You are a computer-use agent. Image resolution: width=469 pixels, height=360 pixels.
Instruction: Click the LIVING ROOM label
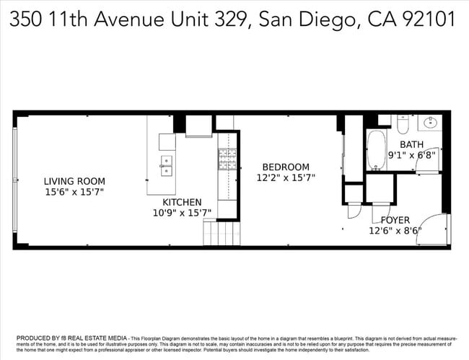[74, 181]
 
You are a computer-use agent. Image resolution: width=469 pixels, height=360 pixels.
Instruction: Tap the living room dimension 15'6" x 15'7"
[74, 192]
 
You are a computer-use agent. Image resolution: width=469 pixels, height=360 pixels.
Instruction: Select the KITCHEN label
[182, 202]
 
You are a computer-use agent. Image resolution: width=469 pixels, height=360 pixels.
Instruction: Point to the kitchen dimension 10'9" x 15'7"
[182, 213]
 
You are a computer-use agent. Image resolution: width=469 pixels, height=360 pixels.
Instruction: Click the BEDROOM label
[286, 167]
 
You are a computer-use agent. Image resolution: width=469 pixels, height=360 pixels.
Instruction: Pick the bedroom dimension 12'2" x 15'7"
[286, 177]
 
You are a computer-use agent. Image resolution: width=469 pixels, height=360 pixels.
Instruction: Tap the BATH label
[411, 144]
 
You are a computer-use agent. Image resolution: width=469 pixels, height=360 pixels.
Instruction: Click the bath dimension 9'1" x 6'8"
[411, 154]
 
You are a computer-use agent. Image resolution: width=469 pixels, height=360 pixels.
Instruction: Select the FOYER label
[395, 220]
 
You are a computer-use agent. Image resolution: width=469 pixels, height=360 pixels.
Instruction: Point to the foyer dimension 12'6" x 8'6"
[395, 231]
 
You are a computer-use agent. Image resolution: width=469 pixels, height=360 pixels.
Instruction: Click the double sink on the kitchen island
[167, 165]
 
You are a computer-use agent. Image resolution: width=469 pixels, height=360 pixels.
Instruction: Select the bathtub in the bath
[377, 149]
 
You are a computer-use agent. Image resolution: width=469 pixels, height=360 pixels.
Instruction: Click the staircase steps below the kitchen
[220, 234]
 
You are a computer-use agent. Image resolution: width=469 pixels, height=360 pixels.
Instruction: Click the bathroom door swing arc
[428, 165]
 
